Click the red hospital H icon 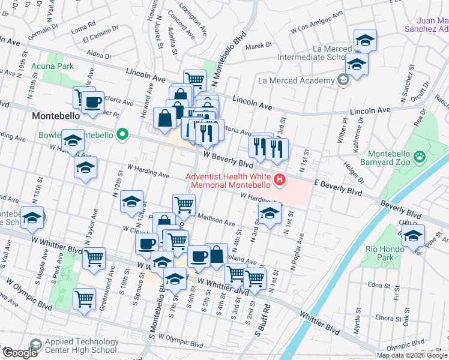tap(279, 179)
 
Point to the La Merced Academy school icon tap(343, 80)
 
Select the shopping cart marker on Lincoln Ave tap(194, 79)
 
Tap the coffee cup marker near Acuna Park tap(92, 103)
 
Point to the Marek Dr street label tap(258, 45)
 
